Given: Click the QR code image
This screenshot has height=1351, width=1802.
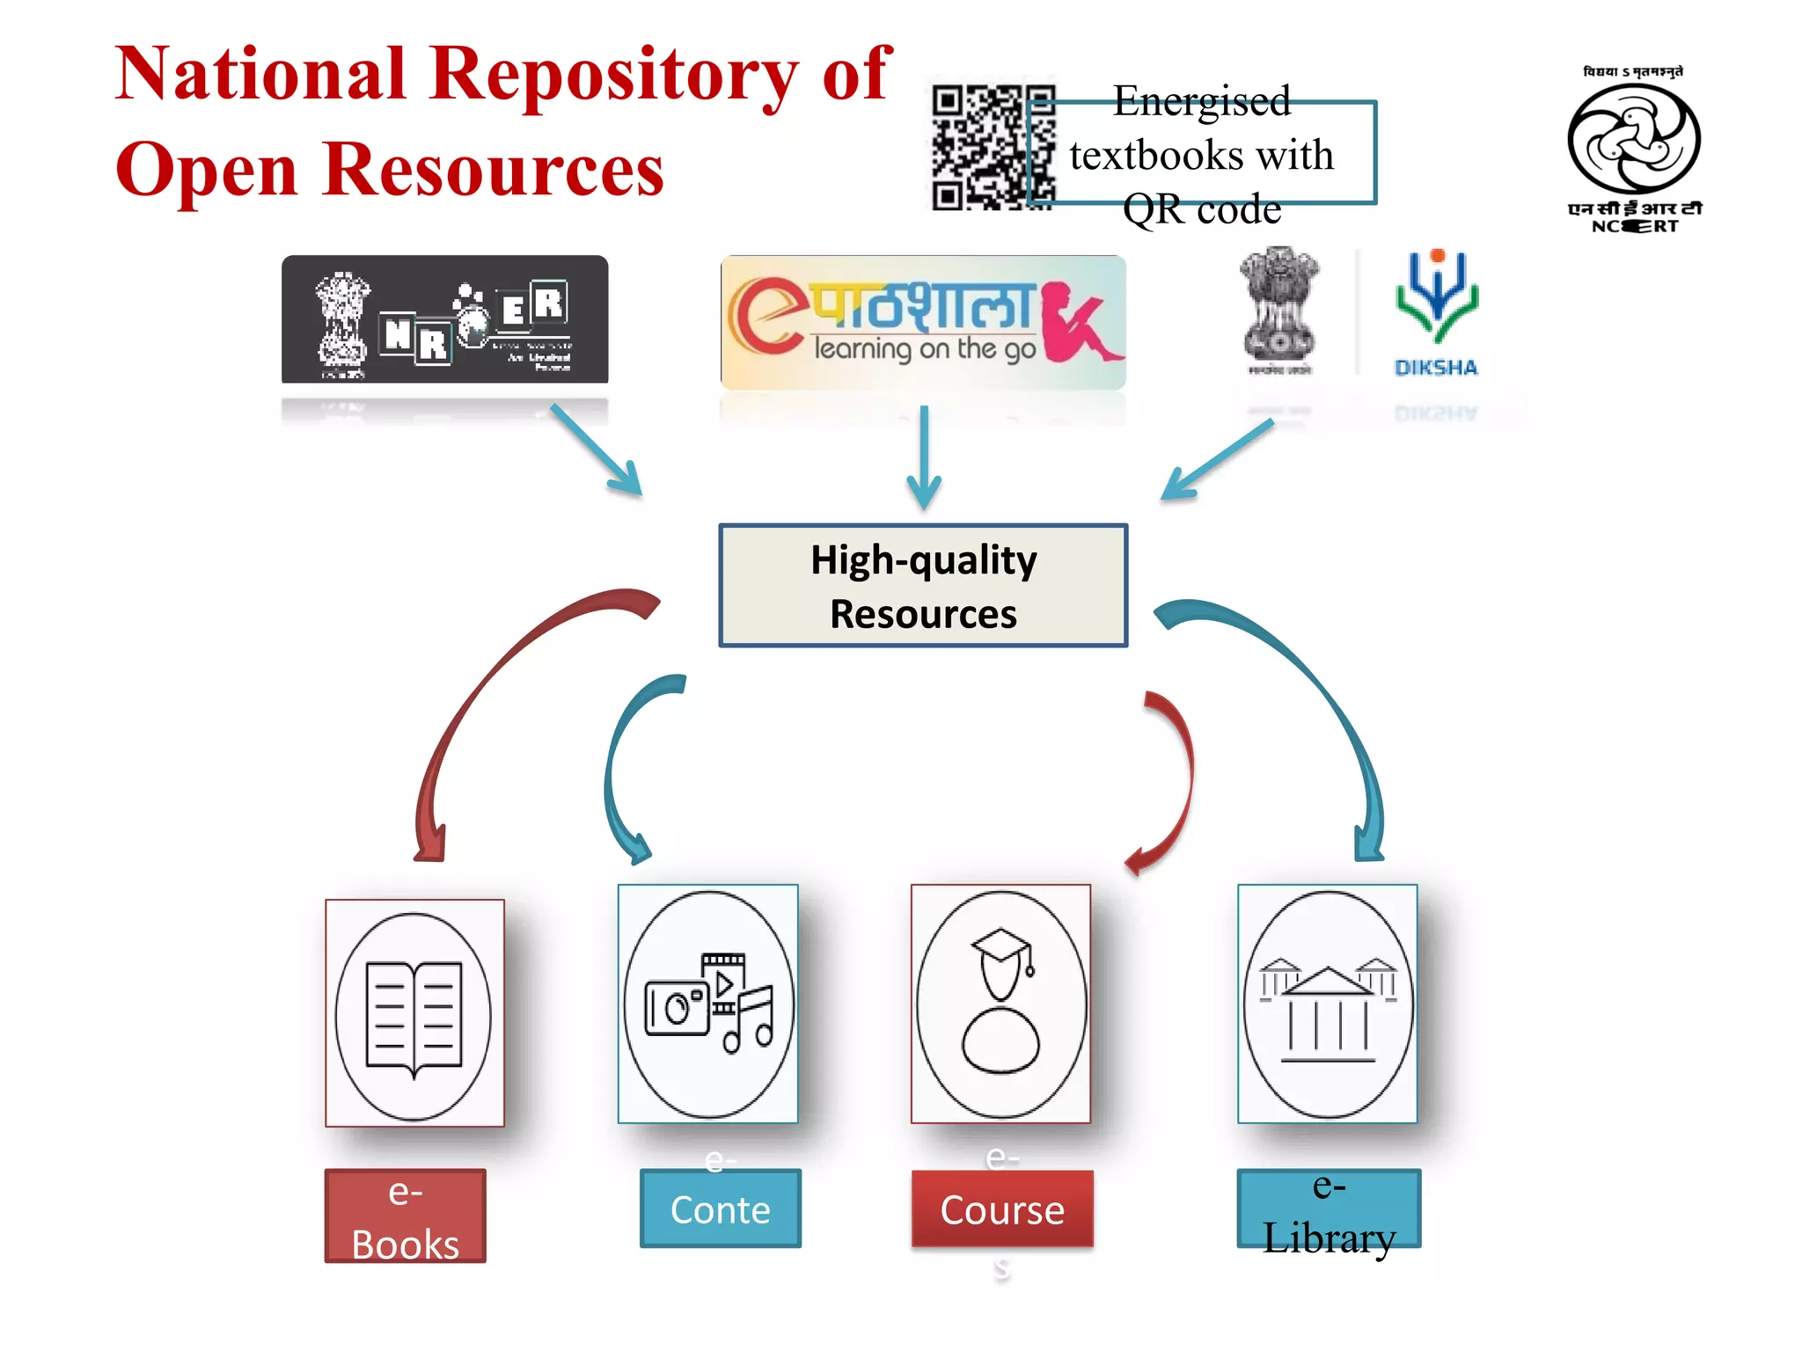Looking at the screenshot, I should pos(993,147).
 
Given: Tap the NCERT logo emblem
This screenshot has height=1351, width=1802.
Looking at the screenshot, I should pos(1633,141).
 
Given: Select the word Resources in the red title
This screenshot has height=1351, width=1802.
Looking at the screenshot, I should pos(493,170).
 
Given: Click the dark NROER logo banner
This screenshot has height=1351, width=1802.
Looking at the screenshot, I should pos(444,320).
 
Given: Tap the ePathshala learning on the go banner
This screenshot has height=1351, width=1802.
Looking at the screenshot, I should pos(922,322).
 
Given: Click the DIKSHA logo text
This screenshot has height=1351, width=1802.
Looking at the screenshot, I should pos(1435,368).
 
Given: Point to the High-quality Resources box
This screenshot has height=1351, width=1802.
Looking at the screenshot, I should pos(922,586).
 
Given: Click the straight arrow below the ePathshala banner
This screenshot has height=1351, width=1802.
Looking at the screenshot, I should pos(923,457).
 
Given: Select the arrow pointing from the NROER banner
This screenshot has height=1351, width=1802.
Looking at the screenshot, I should pos(598,451).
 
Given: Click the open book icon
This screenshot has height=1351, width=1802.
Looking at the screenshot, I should pos(414,1016).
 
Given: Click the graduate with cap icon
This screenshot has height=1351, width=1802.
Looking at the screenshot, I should pos(1000,1003).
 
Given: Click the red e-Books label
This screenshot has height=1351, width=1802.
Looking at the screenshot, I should pos(405,1216).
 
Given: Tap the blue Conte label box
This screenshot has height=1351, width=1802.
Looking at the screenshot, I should pos(720,1209).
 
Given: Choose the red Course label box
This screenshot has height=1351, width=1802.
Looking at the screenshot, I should pos(1001,1209).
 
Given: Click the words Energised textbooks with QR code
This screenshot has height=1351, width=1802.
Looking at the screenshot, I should pos(1201,155).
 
